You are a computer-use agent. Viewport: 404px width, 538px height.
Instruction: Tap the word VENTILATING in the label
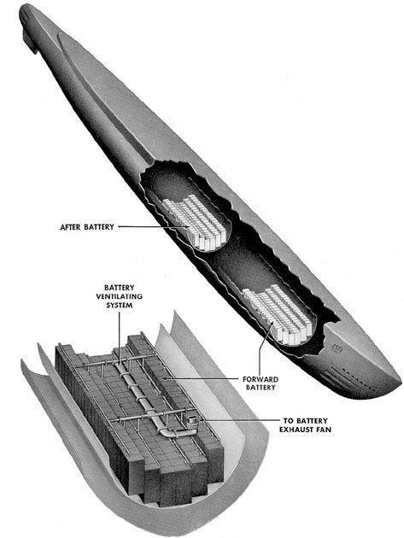point(119,296)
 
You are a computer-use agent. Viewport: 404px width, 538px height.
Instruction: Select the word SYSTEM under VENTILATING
point(119,305)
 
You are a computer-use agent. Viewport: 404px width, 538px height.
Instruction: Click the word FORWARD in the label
point(261,379)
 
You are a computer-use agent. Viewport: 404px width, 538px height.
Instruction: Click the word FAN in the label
point(325,430)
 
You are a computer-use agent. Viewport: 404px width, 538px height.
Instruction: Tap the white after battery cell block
point(195,222)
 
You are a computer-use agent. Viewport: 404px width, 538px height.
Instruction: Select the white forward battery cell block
point(278,314)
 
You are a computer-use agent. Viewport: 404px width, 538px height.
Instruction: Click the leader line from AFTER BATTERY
point(154,226)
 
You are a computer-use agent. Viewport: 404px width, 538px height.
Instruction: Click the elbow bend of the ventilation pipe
point(167,431)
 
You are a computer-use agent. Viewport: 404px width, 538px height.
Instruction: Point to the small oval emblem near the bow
point(337,350)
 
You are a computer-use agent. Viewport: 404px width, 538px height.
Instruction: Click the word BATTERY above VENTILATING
point(119,288)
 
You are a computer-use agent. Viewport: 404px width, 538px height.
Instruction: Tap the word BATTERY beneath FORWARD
point(261,388)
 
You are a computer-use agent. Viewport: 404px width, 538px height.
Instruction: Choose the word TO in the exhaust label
point(288,421)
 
